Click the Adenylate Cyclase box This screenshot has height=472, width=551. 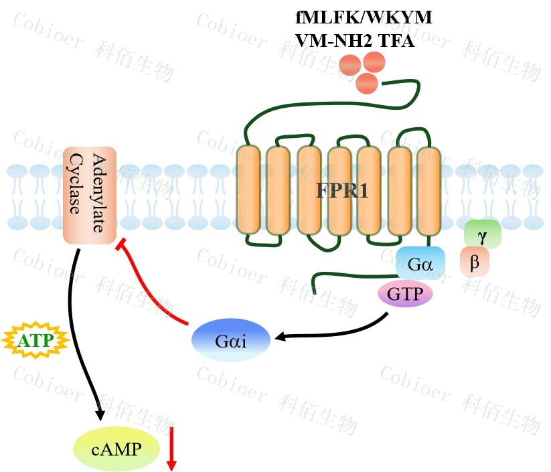tap(89, 195)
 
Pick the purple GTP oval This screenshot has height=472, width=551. tap(406, 295)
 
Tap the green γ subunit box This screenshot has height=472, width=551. tap(481, 236)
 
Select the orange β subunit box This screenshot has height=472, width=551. tap(475, 262)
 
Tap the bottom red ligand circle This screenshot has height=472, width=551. tap(367, 84)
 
